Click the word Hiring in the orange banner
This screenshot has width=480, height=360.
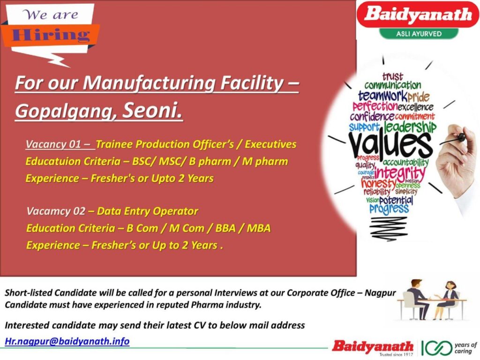pos(51,35)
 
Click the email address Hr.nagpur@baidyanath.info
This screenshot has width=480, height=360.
pos(67,341)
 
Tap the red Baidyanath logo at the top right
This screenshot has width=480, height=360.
pos(418,15)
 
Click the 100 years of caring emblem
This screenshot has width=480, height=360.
pos(449,347)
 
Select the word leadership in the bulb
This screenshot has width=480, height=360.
pos(410,127)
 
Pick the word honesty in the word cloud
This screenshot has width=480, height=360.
pos(378,184)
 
